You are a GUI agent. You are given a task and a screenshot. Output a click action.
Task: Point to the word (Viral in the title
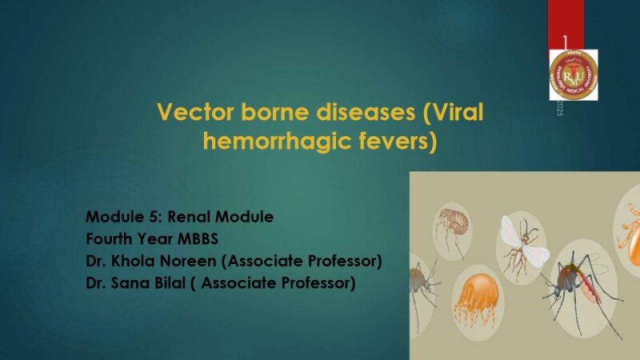point(454,111)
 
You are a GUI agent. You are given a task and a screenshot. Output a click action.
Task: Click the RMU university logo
point(573,74)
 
